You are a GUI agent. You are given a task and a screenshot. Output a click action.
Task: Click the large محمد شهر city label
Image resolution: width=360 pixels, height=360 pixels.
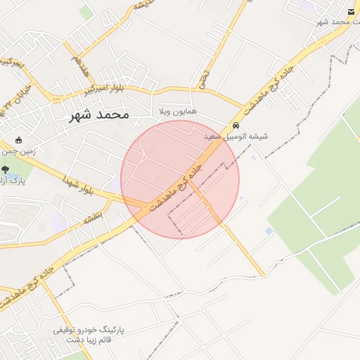pos(99,115)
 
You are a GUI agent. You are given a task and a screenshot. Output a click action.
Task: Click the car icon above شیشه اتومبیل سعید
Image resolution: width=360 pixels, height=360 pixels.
pos(235,125)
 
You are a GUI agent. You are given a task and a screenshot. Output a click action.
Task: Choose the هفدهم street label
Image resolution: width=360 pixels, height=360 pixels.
pos(78,69)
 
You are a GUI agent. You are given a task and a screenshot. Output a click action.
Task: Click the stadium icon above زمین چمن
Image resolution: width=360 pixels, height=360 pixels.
pos(18,139)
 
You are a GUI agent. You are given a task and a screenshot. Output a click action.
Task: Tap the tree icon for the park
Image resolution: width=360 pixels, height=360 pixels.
pos(6,169)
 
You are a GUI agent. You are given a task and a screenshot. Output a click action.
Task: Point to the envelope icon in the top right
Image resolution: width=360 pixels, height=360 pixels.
pos(350,11)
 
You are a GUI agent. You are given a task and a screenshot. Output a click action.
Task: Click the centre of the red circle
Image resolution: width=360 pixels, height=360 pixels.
pos(180,179)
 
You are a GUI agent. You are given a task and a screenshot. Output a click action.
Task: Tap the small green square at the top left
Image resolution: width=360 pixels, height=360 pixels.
pos(86,12)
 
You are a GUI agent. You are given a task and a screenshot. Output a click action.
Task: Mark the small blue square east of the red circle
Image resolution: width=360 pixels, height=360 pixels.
pos(269,231)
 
